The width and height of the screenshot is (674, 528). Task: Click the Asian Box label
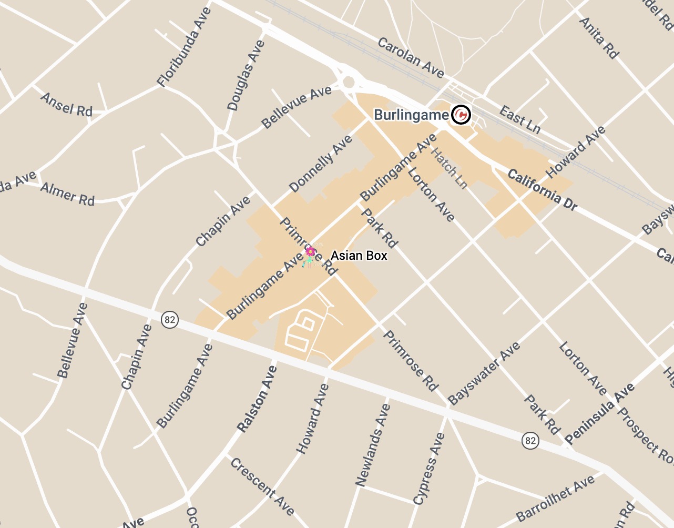coord(359,256)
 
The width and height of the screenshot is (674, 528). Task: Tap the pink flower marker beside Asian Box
coord(310,252)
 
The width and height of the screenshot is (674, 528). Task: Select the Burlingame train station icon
coord(461,114)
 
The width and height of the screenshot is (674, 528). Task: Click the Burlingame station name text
coord(411,115)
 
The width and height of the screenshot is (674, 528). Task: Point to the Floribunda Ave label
coord(185,47)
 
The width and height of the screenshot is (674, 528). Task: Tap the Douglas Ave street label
coord(246,76)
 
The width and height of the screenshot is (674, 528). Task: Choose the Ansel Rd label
coord(66,104)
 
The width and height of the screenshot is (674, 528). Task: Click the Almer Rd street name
coord(67,194)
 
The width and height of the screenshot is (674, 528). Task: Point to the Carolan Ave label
coord(411,57)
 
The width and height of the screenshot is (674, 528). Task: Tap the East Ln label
coord(519,119)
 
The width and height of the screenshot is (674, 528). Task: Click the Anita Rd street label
coord(598,38)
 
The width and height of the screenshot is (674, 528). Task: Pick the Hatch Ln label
coord(449,168)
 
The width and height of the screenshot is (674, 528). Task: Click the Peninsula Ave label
coord(600,414)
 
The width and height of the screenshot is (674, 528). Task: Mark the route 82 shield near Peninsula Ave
coord(530,440)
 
